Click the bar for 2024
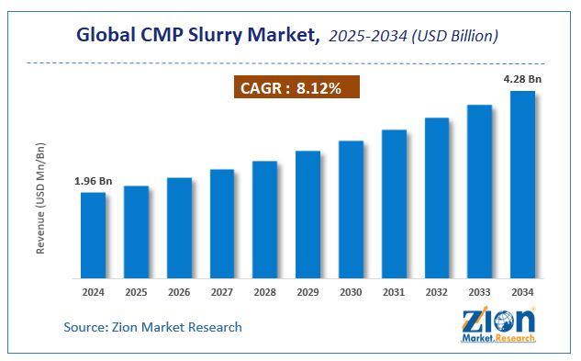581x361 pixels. click(93, 235)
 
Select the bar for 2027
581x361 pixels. click(222, 223)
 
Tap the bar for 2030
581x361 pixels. click(351, 209)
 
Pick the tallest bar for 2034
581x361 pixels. click(522, 184)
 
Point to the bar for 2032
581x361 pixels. click(437, 197)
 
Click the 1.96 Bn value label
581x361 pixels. click(92, 181)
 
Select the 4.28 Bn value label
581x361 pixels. click(523, 80)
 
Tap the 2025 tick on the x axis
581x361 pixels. click(136, 291)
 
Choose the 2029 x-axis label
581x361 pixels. click(307, 291)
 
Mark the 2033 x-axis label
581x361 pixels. click(480, 291)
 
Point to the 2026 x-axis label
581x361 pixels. click(179, 291)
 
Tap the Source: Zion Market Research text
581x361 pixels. click(153, 327)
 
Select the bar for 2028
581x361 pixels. click(265, 220)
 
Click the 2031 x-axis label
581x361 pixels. click(394, 291)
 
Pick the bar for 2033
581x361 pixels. click(480, 191)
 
